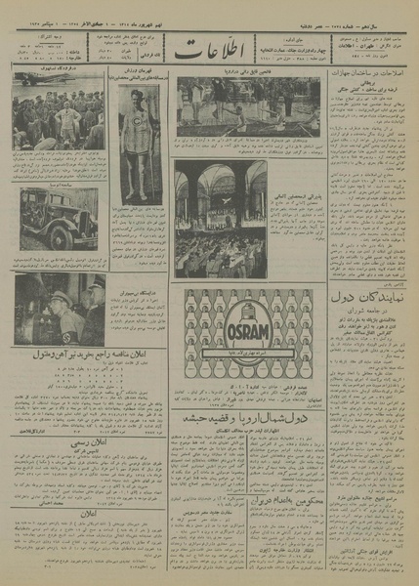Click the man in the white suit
(67, 121)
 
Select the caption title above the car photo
(60, 183)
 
